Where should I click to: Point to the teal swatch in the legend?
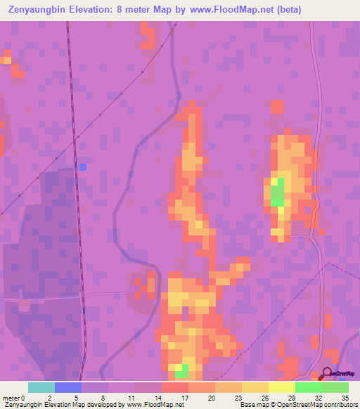[41, 387]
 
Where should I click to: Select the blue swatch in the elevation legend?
[68, 387]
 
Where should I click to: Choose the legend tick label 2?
[49, 397]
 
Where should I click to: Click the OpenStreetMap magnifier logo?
[328, 375]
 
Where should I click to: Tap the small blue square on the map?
[82, 167]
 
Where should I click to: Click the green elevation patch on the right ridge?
[277, 191]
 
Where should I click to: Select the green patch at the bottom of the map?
[181, 370]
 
